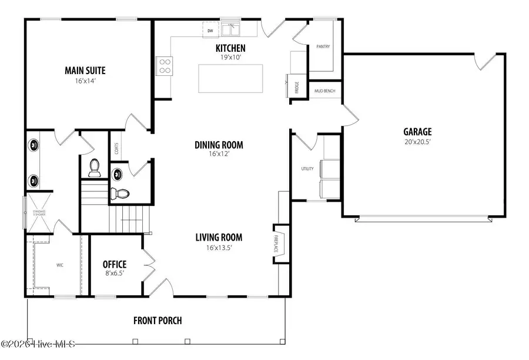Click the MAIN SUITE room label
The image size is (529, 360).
(x=85, y=71)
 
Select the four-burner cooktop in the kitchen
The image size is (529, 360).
(x=164, y=65)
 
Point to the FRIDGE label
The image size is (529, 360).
(x=297, y=87)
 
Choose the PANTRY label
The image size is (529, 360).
(x=323, y=46)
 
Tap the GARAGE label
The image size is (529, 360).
(x=417, y=132)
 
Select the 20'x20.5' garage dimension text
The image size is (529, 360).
(x=417, y=142)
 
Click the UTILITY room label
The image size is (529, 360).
(x=307, y=169)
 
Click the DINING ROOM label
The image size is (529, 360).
(x=219, y=145)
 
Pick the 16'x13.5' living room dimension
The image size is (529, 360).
(x=219, y=248)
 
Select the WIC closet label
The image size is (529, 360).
(x=60, y=265)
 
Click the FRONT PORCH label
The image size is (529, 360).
(x=158, y=321)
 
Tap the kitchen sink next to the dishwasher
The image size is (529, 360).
(x=230, y=28)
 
